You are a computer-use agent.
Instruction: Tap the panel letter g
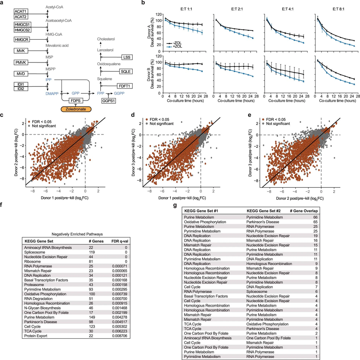click(173, 205)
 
